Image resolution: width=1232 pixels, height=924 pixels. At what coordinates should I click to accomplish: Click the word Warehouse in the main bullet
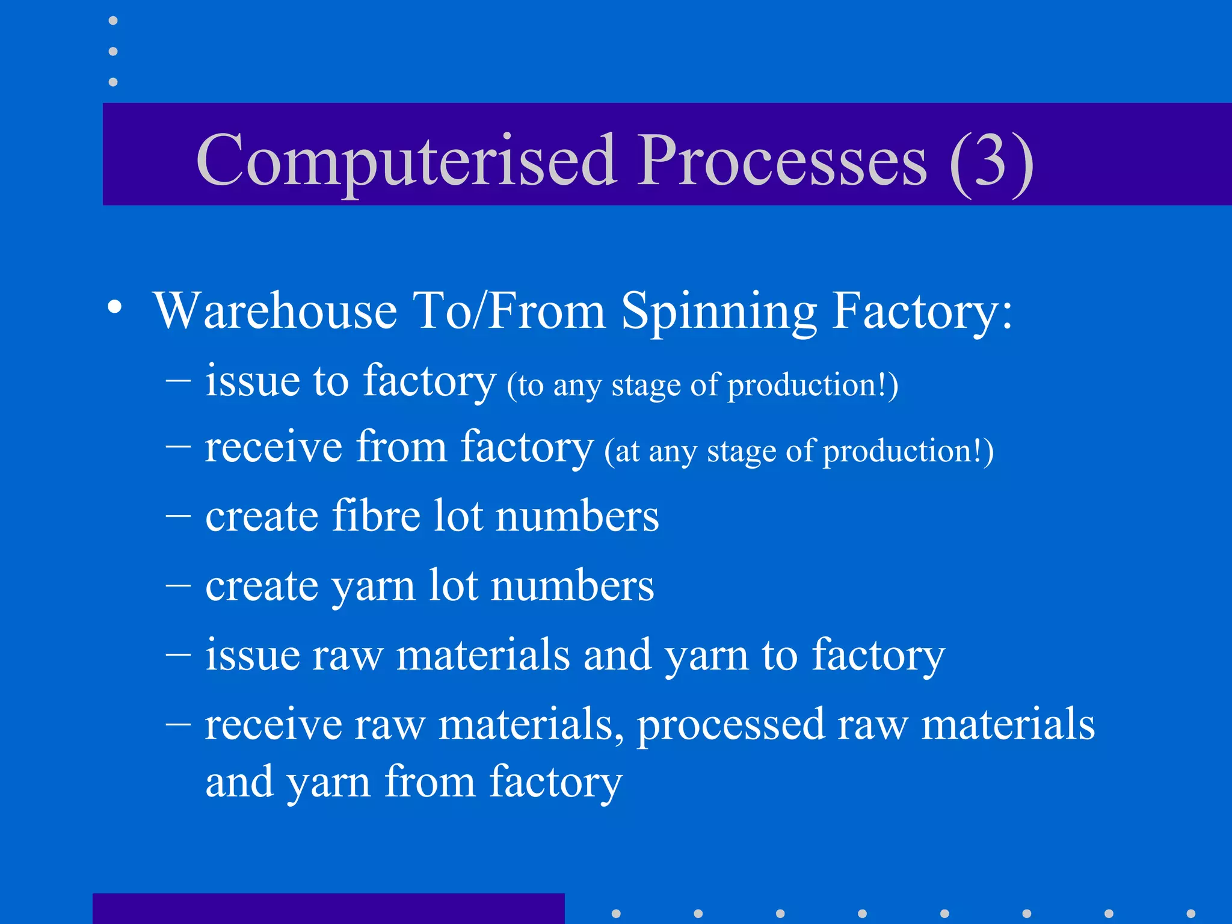tap(275, 311)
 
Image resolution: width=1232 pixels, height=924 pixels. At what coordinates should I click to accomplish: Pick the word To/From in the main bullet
tap(509, 311)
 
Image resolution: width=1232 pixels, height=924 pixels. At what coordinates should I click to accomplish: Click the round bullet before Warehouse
tap(114, 307)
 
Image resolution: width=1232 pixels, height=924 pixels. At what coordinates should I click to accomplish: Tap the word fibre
tap(376, 516)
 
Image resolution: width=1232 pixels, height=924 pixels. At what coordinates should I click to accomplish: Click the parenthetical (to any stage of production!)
tap(702, 385)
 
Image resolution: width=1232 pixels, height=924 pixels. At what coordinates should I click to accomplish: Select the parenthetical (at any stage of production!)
tap(799, 451)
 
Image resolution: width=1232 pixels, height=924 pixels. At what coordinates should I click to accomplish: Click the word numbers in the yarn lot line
tap(572, 585)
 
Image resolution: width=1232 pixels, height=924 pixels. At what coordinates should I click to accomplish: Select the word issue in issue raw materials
tap(252, 654)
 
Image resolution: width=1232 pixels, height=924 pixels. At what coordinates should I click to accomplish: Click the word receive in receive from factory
tap(273, 447)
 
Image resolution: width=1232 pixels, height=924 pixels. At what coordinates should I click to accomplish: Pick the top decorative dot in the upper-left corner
tap(113, 21)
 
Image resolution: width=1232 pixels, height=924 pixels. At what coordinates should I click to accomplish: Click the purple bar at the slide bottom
tap(328, 908)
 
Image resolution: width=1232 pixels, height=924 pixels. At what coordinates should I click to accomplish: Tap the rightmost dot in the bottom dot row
tap(1190, 914)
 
